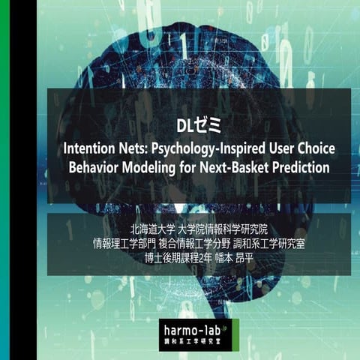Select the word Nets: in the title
[140, 147]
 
